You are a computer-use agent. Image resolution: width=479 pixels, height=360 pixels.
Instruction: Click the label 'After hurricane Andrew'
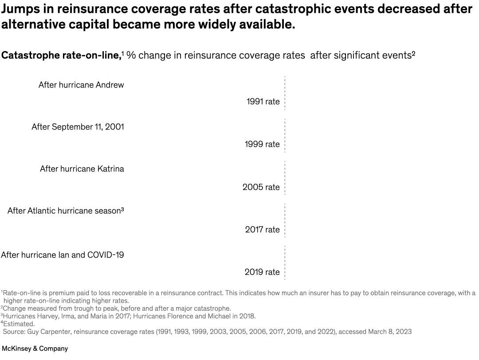(x=81, y=84)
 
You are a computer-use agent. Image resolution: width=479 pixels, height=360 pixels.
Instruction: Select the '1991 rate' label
(x=263, y=102)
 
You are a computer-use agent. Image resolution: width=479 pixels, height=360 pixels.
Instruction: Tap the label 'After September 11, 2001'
(x=78, y=127)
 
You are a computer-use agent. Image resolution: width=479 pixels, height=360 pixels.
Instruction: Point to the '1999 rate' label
(x=262, y=144)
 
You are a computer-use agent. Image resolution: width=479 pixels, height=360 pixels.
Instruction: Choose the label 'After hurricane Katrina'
(x=82, y=169)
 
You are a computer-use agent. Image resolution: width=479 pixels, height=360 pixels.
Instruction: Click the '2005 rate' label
(x=261, y=187)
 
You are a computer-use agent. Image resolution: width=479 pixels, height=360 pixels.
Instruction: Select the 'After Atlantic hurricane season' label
(x=65, y=211)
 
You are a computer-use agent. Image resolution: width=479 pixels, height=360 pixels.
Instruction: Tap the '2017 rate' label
(x=263, y=229)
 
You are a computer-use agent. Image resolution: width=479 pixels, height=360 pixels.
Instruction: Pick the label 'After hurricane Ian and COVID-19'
(x=63, y=255)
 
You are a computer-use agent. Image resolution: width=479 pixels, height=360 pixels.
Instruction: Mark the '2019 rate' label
(x=262, y=272)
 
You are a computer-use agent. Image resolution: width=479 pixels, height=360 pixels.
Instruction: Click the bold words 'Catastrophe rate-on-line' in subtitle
(x=61, y=55)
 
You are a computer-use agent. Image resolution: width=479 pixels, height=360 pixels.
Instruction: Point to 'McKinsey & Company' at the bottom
(x=35, y=348)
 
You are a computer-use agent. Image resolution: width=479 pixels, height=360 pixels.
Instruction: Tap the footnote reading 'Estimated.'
(x=19, y=324)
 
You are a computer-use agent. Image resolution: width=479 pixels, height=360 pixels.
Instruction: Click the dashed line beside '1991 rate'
(x=285, y=93)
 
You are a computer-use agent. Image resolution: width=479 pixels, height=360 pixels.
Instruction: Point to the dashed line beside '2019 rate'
(x=285, y=263)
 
